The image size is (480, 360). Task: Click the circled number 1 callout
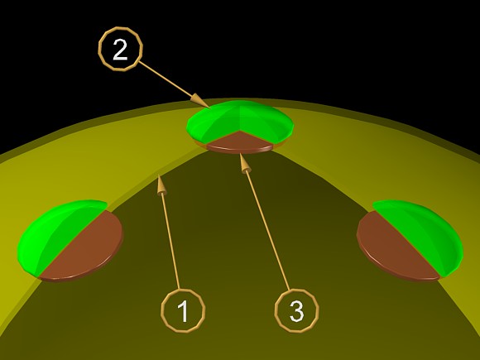click(183, 310)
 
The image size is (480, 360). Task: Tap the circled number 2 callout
click(120, 49)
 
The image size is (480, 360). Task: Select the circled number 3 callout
click(296, 310)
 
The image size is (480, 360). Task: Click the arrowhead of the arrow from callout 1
click(161, 185)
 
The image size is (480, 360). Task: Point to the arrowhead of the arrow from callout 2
click(200, 101)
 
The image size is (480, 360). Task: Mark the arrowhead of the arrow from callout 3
click(244, 164)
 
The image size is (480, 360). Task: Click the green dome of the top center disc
click(240, 119)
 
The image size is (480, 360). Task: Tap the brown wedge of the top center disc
click(240, 142)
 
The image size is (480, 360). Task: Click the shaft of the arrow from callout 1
click(170, 242)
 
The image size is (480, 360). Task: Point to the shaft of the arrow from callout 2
click(166, 80)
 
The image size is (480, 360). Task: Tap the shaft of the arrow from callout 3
click(267, 231)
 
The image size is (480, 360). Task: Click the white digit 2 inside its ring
click(120, 50)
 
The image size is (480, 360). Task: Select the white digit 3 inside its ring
click(296, 311)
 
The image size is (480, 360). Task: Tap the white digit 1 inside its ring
click(183, 311)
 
